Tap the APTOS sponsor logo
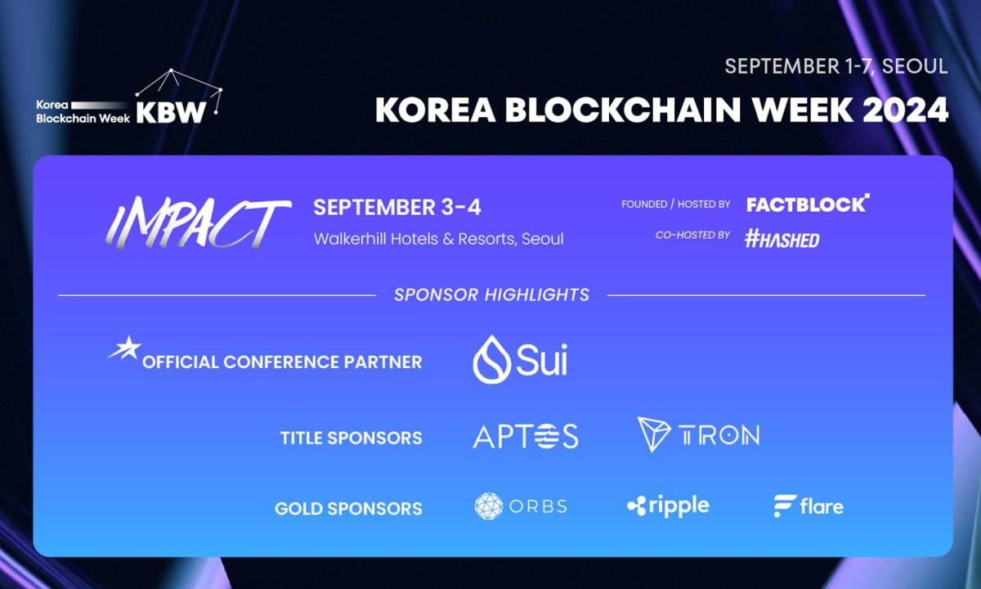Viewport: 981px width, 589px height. coord(525,436)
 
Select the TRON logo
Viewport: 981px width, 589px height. coord(698,435)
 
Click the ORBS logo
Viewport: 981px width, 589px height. coord(521,506)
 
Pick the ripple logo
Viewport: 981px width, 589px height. coord(668,506)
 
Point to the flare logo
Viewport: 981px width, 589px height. coord(808,506)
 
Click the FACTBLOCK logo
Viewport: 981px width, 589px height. coord(808,204)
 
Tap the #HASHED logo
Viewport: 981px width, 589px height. coord(782,238)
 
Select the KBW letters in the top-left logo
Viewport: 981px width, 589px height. coord(171,113)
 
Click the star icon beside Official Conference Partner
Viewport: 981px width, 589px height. coord(123,349)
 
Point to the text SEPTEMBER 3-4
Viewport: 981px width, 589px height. coord(397,207)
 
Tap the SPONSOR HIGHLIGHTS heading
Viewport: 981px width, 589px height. coord(491,294)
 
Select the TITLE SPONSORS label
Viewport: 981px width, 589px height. coord(351,438)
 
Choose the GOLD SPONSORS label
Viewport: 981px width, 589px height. coord(348,508)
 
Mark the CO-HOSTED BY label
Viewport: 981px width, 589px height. coord(692,235)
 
